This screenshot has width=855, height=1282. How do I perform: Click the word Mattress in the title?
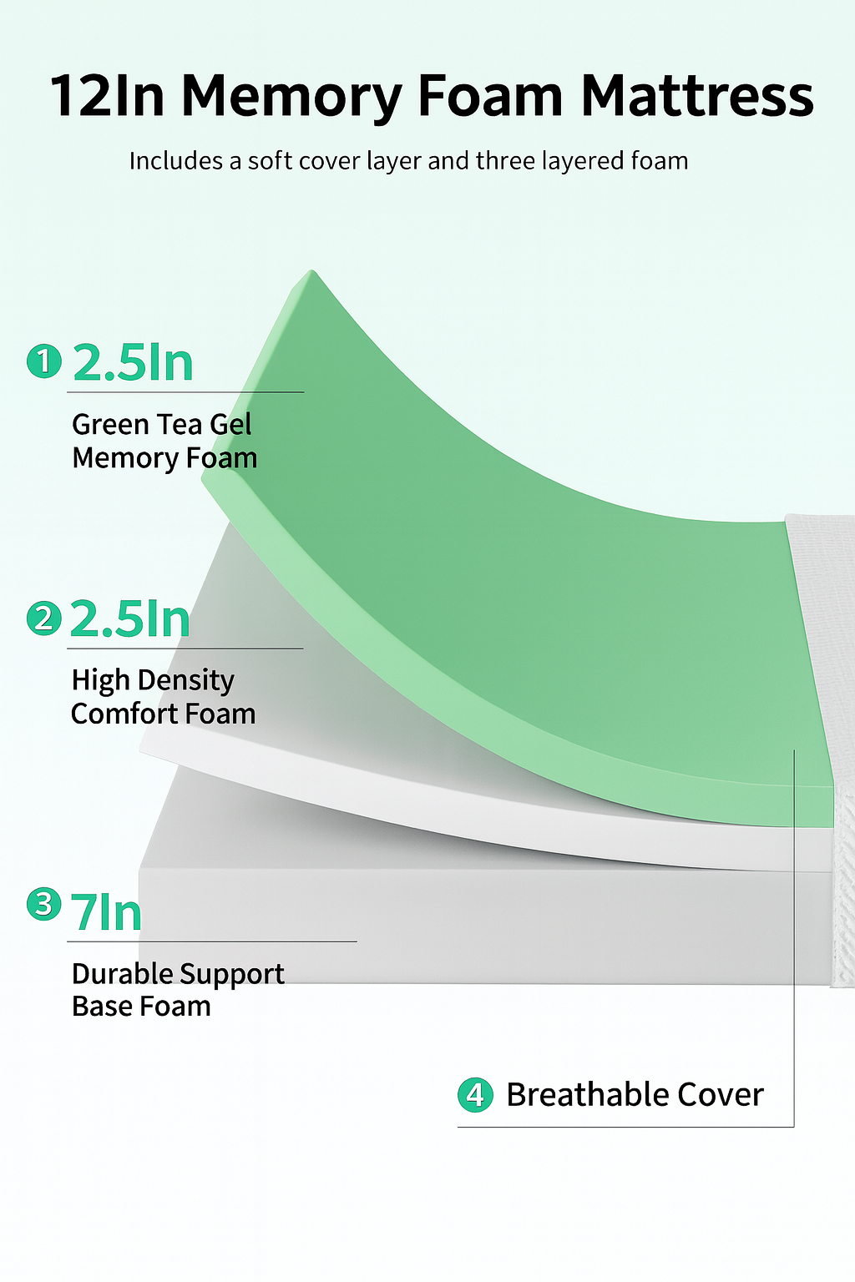pos(697,95)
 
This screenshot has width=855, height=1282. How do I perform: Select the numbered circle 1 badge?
pos(44,361)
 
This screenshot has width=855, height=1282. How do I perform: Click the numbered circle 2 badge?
pos(44,618)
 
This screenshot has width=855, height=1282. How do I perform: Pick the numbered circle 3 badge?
pos(44,904)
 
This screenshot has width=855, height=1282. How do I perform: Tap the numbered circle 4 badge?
pos(475,1095)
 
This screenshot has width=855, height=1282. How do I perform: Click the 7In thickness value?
pos(106,913)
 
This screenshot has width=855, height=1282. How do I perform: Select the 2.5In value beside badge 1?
pos(133,362)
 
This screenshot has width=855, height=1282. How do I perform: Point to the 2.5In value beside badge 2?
pos(130,619)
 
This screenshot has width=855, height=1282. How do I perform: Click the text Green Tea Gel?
pos(161,425)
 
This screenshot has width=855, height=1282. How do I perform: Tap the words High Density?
pos(153,680)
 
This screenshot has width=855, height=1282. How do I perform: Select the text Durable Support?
pos(178,974)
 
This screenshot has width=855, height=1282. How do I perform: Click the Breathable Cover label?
pos(635,1095)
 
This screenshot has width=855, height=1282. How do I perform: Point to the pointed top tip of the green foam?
pos(311,270)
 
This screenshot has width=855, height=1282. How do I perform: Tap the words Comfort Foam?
pos(163,714)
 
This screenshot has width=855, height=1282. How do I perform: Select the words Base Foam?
pos(141,1006)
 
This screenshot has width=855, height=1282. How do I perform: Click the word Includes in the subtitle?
pos(176,161)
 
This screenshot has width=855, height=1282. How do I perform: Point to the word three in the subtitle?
pos(506,161)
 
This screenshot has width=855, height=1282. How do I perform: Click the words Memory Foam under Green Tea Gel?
pos(165,458)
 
